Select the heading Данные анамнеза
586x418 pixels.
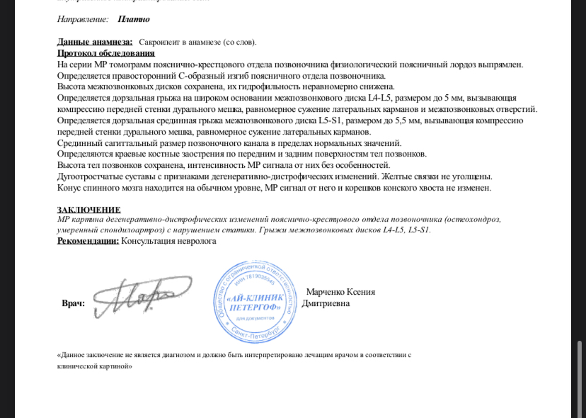[x=94, y=43]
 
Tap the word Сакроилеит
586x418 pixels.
[x=164, y=43]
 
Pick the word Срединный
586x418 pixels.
[x=79, y=143]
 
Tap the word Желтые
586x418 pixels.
[x=396, y=176]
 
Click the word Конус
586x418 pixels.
[x=70, y=188]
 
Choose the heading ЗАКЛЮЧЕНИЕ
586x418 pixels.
[x=88, y=210]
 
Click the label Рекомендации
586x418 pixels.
[x=88, y=241]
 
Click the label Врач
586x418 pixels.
[x=74, y=303]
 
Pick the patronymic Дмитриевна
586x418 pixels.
[x=326, y=303]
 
